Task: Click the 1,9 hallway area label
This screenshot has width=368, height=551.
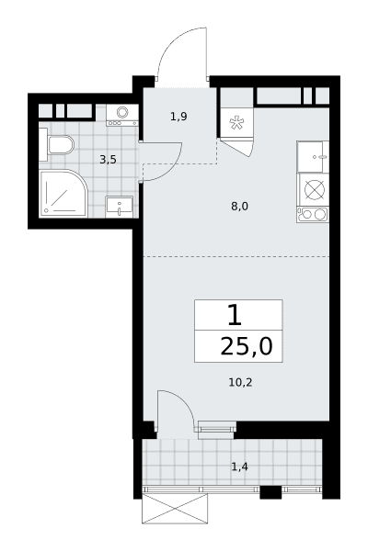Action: coord(178,117)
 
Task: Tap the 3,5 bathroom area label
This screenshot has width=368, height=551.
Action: coord(108,160)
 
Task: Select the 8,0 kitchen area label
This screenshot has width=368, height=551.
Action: coord(239,207)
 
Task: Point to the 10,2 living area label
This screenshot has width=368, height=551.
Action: coord(240,382)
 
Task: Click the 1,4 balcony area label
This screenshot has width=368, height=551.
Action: coord(240,467)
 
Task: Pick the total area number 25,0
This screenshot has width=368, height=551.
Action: coord(247,347)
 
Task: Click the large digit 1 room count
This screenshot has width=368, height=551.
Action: coord(235,315)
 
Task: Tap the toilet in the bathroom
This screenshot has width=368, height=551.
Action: coord(61,145)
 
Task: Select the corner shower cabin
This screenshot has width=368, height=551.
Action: coord(63,194)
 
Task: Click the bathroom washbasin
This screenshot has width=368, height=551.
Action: coord(120,207)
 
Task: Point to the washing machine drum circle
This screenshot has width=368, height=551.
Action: coord(122,112)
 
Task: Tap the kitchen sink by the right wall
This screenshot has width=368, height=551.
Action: coord(313,157)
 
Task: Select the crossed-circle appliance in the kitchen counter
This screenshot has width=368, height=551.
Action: coord(314,190)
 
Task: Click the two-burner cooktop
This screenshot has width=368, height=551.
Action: coord(313,214)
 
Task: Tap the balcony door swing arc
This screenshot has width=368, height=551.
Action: coord(184,401)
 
